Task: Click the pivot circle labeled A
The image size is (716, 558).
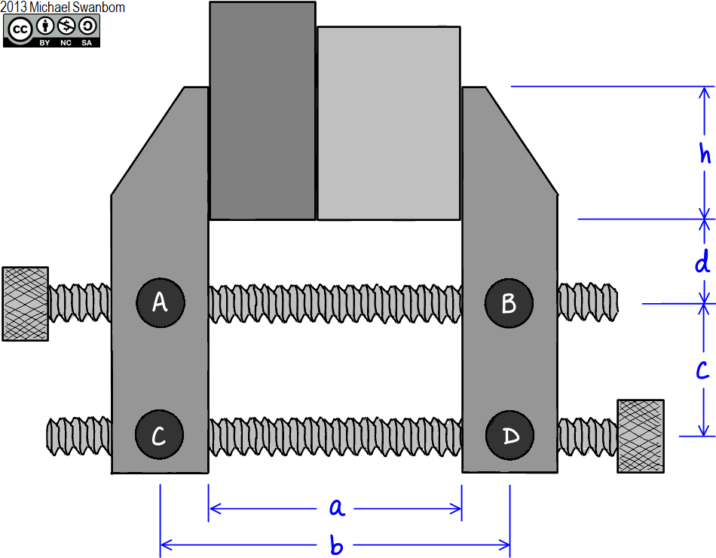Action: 160,302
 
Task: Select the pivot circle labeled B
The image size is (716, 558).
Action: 509,303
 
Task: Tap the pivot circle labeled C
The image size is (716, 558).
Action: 159,436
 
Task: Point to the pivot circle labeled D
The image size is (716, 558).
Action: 509,436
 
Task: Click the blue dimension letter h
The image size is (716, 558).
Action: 705,153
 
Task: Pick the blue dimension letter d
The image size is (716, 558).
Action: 702,263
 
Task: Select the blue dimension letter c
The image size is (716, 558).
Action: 702,370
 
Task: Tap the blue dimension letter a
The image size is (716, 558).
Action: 337,508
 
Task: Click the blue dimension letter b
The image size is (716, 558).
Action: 337,545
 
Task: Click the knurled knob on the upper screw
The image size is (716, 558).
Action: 25,303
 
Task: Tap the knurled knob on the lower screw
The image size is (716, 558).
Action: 641,436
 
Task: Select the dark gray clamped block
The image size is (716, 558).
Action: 262,111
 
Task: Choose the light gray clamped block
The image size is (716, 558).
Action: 388,124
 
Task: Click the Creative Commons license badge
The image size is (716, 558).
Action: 51,31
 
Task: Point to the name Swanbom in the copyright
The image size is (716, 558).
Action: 100,7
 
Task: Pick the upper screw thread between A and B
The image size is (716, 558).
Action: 335,303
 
